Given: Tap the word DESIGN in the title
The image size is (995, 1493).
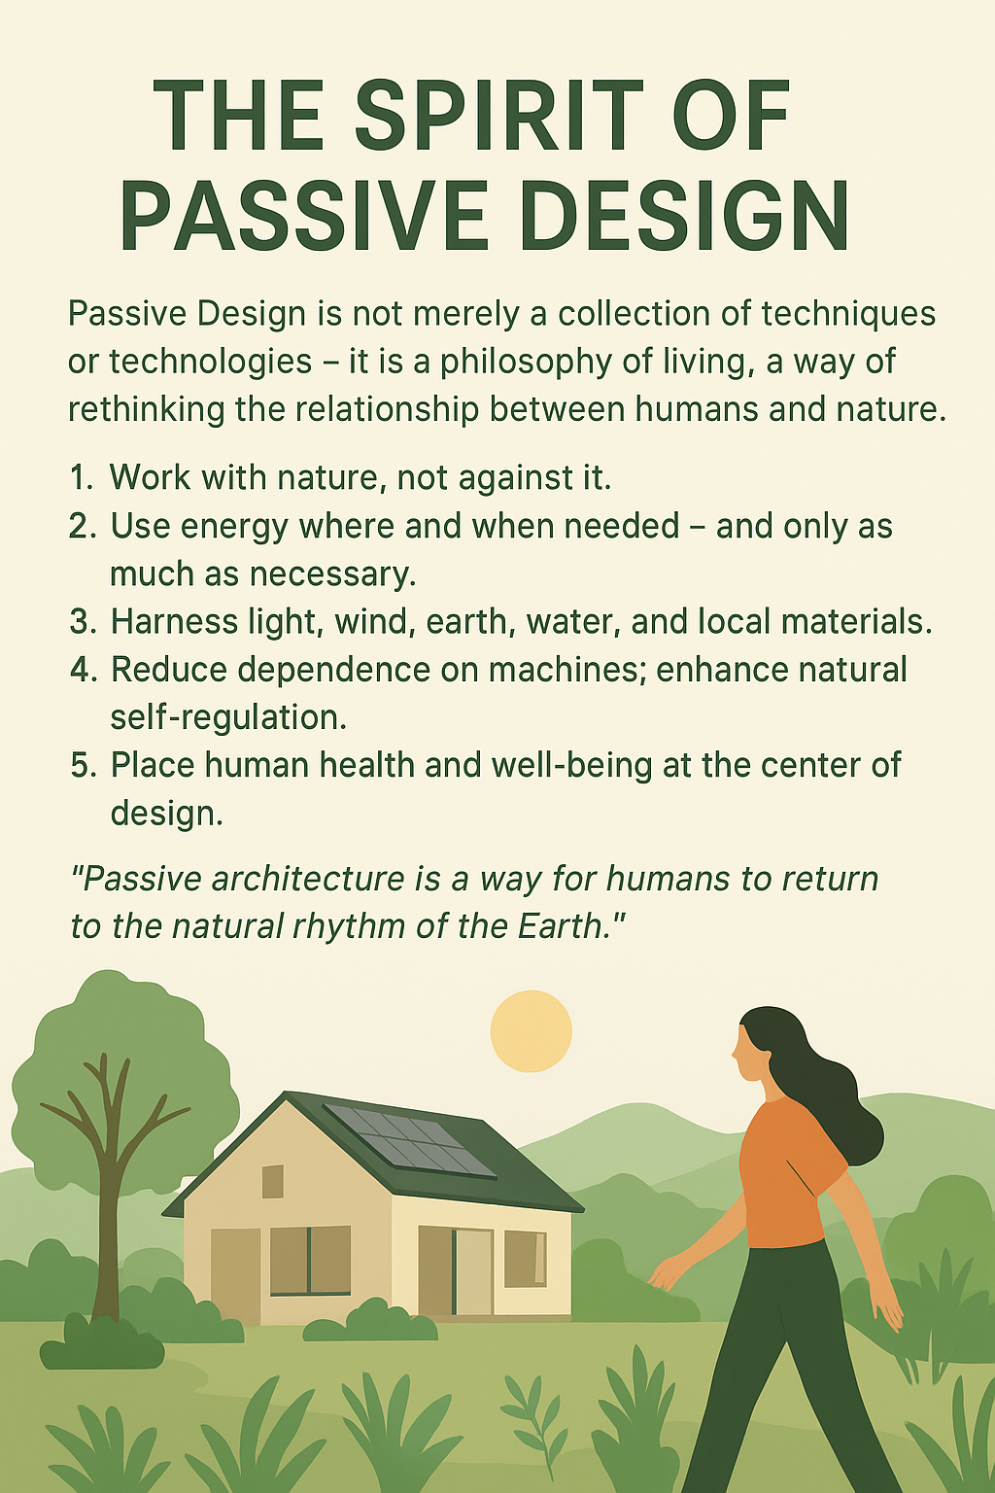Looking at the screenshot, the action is point(684,215).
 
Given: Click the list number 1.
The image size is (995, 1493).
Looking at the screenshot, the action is point(81,477).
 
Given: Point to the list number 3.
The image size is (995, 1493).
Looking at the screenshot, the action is point(84,621).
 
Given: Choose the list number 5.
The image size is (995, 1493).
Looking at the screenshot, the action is point(84,765).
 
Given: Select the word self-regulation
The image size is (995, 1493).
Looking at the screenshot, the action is point(228,718).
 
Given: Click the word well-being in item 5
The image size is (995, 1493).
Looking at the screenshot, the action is point(571,766).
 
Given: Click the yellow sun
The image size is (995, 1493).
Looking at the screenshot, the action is point(532,1030).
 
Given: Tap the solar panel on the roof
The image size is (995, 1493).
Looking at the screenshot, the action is point(409,1139).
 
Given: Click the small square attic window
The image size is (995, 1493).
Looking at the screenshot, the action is point(273,1182).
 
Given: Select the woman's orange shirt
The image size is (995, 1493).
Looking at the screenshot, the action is point(786,1171).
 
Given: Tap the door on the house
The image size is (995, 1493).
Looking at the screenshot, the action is point(473,1274).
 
